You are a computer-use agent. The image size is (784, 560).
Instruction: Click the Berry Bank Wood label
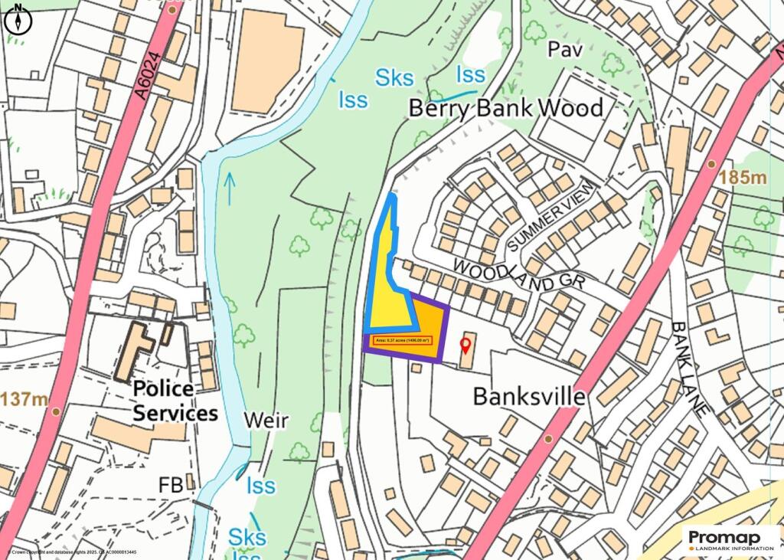pyautogui.click(x=506, y=107)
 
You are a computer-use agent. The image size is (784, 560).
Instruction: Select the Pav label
pyautogui.click(x=565, y=51)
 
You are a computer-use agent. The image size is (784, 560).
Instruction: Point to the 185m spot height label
pyautogui.click(x=742, y=178)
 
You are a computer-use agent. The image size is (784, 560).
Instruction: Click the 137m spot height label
pyautogui.click(x=24, y=399)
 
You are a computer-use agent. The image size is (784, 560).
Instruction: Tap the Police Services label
pyautogui.click(x=175, y=401)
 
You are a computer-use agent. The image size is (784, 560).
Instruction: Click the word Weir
pyautogui.click(x=266, y=420)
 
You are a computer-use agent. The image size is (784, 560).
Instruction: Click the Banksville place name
pyautogui.click(x=529, y=397)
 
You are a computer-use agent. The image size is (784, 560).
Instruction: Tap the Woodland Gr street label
pyautogui.click(x=518, y=273)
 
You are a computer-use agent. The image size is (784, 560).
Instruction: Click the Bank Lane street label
pyautogui.click(x=688, y=368)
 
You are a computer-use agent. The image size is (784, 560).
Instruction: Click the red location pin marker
pyautogui.click(x=464, y=345)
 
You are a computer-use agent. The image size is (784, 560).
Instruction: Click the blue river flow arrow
pyautogui.click(x=230, y=188)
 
